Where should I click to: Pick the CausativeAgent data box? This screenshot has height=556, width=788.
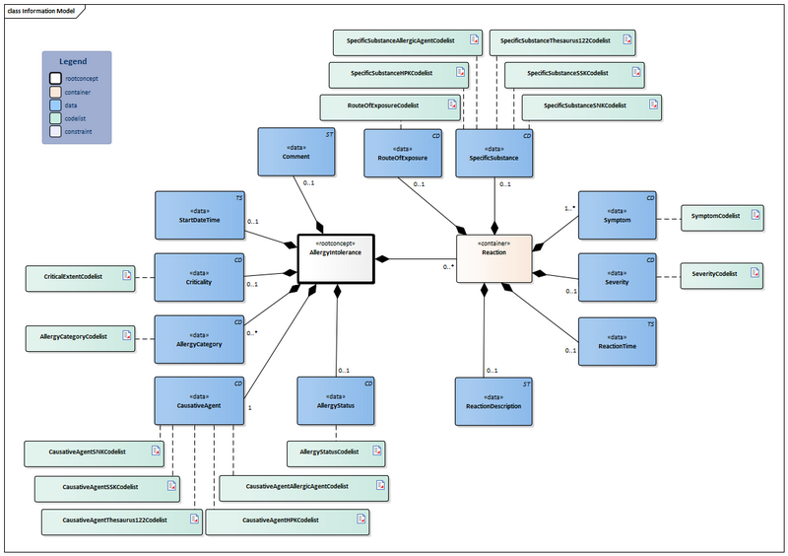(200, 400)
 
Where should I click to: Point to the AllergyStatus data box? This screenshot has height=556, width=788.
(336, 400)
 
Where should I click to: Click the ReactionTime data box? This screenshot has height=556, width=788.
(618, 340)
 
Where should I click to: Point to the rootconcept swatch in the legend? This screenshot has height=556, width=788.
(56, 77)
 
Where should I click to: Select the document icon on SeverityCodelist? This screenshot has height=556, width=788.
(754, 273)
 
